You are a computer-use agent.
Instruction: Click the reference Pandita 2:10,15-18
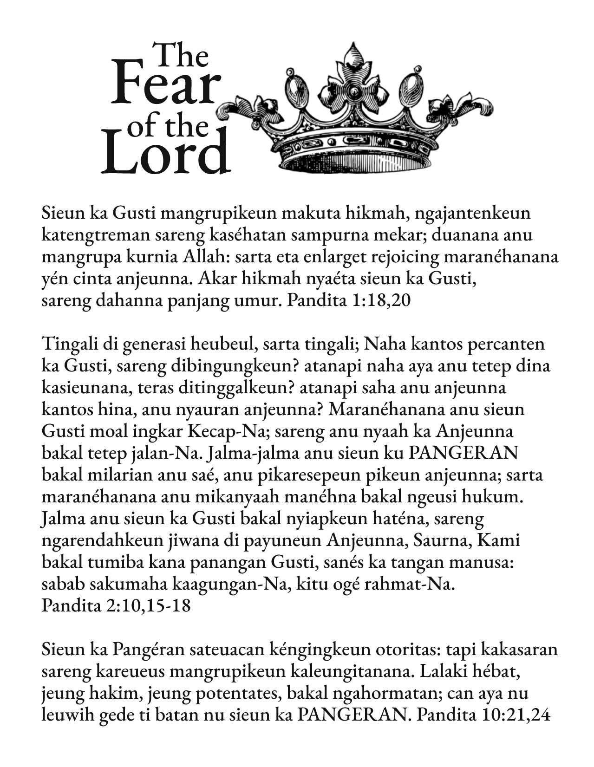[x=116, y=606]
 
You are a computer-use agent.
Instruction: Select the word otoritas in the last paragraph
[x=412, y=649]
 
